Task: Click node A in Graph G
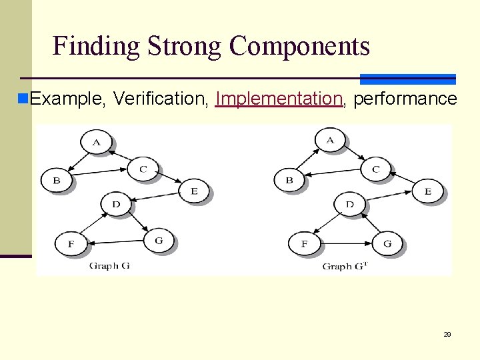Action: (x=97, y=141)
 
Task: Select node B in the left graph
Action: (x=57, y=180)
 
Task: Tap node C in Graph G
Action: (x=143, y=169)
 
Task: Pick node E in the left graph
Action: (x=194, y=191)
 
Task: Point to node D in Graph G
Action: (x=116, y=204)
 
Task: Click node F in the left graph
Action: (x=71, y=243)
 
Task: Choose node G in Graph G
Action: (x=158, y=240)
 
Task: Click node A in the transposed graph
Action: (x=330, y=140)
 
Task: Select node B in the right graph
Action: (x=289, y=180)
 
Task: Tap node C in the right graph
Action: (x=375, y=169)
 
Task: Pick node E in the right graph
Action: (x=428, y=191)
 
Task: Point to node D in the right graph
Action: (x=349, y=205)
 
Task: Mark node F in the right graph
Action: (x=305, y=243)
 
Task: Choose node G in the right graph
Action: (x=387, y=243)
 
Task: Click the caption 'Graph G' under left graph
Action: (x=109, y=266)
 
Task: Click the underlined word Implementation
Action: (x=279, y=99)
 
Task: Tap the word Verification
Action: (x=161, y=99)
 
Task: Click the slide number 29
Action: (x=447, y=334)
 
